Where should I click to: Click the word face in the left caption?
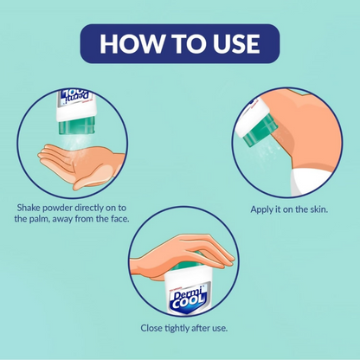tap(119, 219)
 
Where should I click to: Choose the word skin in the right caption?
tap(319, 209)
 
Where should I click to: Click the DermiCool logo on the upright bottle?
tap(188, 300)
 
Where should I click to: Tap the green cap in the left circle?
tap(77, 127)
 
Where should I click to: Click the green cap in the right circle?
tap(260, 130)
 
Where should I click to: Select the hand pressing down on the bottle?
tap(182, 255)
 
